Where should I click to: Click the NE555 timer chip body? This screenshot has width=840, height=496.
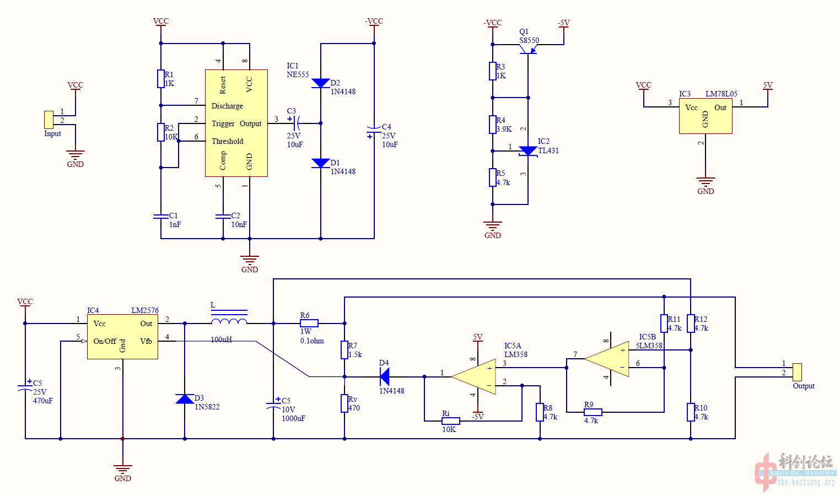(236, 123)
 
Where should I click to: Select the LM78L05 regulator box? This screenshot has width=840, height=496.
(706, 116)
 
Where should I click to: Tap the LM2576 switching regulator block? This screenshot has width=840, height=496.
(122, 337)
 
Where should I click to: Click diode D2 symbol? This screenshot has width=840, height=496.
(321, 83)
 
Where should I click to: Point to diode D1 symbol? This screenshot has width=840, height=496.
(321, 163)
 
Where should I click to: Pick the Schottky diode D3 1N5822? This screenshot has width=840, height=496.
(185, 398)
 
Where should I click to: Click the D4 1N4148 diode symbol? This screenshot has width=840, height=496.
(385, 377)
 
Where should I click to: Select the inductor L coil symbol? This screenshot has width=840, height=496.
(229, 322)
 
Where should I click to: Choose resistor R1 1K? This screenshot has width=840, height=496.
(161, 79)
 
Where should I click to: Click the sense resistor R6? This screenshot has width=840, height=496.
(309, 324)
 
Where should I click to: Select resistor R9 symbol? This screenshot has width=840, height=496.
(593, 412)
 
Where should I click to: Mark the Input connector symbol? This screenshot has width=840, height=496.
(49, 120)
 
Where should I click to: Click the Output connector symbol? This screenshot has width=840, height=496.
(797, 372)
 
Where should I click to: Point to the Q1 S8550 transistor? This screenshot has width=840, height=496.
(527, 50)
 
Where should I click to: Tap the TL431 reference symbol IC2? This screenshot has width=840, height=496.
(528, 150)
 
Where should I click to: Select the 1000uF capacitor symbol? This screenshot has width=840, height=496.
(273, 405)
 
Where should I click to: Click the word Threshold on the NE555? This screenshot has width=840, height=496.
(227, 141)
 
